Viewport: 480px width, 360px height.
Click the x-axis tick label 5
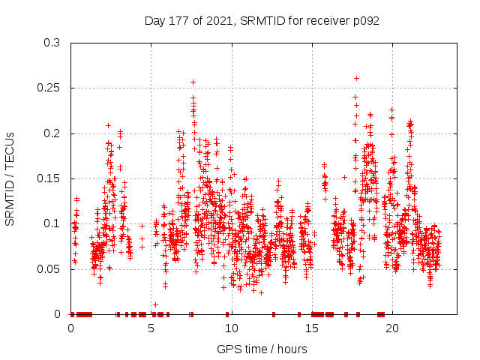coord(151,328)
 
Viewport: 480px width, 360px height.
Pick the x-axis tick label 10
coord(232,328)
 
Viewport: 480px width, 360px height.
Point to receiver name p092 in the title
coord(365,20)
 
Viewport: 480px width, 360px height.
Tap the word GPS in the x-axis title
coord(228,349)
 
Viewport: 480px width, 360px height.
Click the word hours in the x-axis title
coord(292,349)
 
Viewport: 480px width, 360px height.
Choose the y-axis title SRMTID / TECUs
coord(10,178)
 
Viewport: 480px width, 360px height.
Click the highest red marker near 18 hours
coord(357,78)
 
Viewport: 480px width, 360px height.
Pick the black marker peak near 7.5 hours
coord(193,82)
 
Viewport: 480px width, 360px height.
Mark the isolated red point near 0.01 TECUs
coord(155,304)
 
